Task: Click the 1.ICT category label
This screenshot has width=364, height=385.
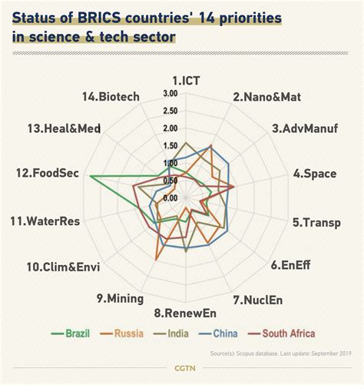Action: (187, 79)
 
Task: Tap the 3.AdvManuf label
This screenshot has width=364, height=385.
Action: (305, 128)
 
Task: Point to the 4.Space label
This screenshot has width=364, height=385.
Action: (314, 174)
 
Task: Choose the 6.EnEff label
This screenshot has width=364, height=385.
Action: (291, 266)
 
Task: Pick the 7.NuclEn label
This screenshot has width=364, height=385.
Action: (258, 299)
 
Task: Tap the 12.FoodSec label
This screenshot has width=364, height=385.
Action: (51, 174)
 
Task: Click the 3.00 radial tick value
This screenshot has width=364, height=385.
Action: (170, 93)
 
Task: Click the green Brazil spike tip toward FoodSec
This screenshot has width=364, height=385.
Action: (91, 178)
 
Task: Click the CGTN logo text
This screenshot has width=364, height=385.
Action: (183, 368)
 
